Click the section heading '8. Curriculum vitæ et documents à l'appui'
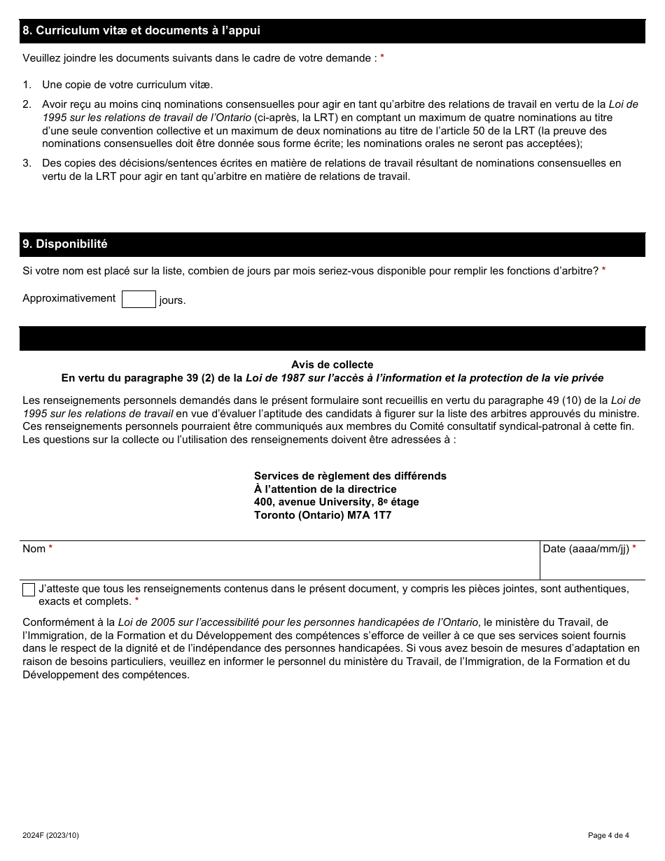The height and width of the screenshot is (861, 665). pos(141,31)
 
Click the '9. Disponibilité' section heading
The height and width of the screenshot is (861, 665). pos(65,244)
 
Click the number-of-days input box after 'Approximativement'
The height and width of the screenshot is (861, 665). pos(139,300)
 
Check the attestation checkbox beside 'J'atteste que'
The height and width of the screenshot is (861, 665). pos(29,589)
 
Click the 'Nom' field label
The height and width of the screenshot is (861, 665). pos(34,549)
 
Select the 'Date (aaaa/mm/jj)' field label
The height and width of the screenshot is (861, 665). pos(586,549)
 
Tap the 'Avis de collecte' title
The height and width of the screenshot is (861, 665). pos(332,365)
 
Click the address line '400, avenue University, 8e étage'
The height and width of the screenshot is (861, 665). pos(337,502)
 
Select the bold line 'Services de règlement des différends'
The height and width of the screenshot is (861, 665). pos(350,476)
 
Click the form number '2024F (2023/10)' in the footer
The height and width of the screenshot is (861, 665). pos(55,835)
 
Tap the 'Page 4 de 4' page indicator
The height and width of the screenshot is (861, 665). pos(608,835)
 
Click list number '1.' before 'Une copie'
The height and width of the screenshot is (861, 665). pos(27,85)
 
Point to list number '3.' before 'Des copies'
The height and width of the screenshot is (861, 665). pos(27,163)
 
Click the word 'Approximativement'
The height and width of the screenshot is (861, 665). pos(69,298)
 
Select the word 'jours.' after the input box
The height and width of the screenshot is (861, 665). pos(172,301)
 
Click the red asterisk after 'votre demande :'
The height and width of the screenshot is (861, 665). pos(382,58)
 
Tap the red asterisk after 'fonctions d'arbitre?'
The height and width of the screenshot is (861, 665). pos(603,270)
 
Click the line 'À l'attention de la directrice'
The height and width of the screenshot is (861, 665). pos(325,489)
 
